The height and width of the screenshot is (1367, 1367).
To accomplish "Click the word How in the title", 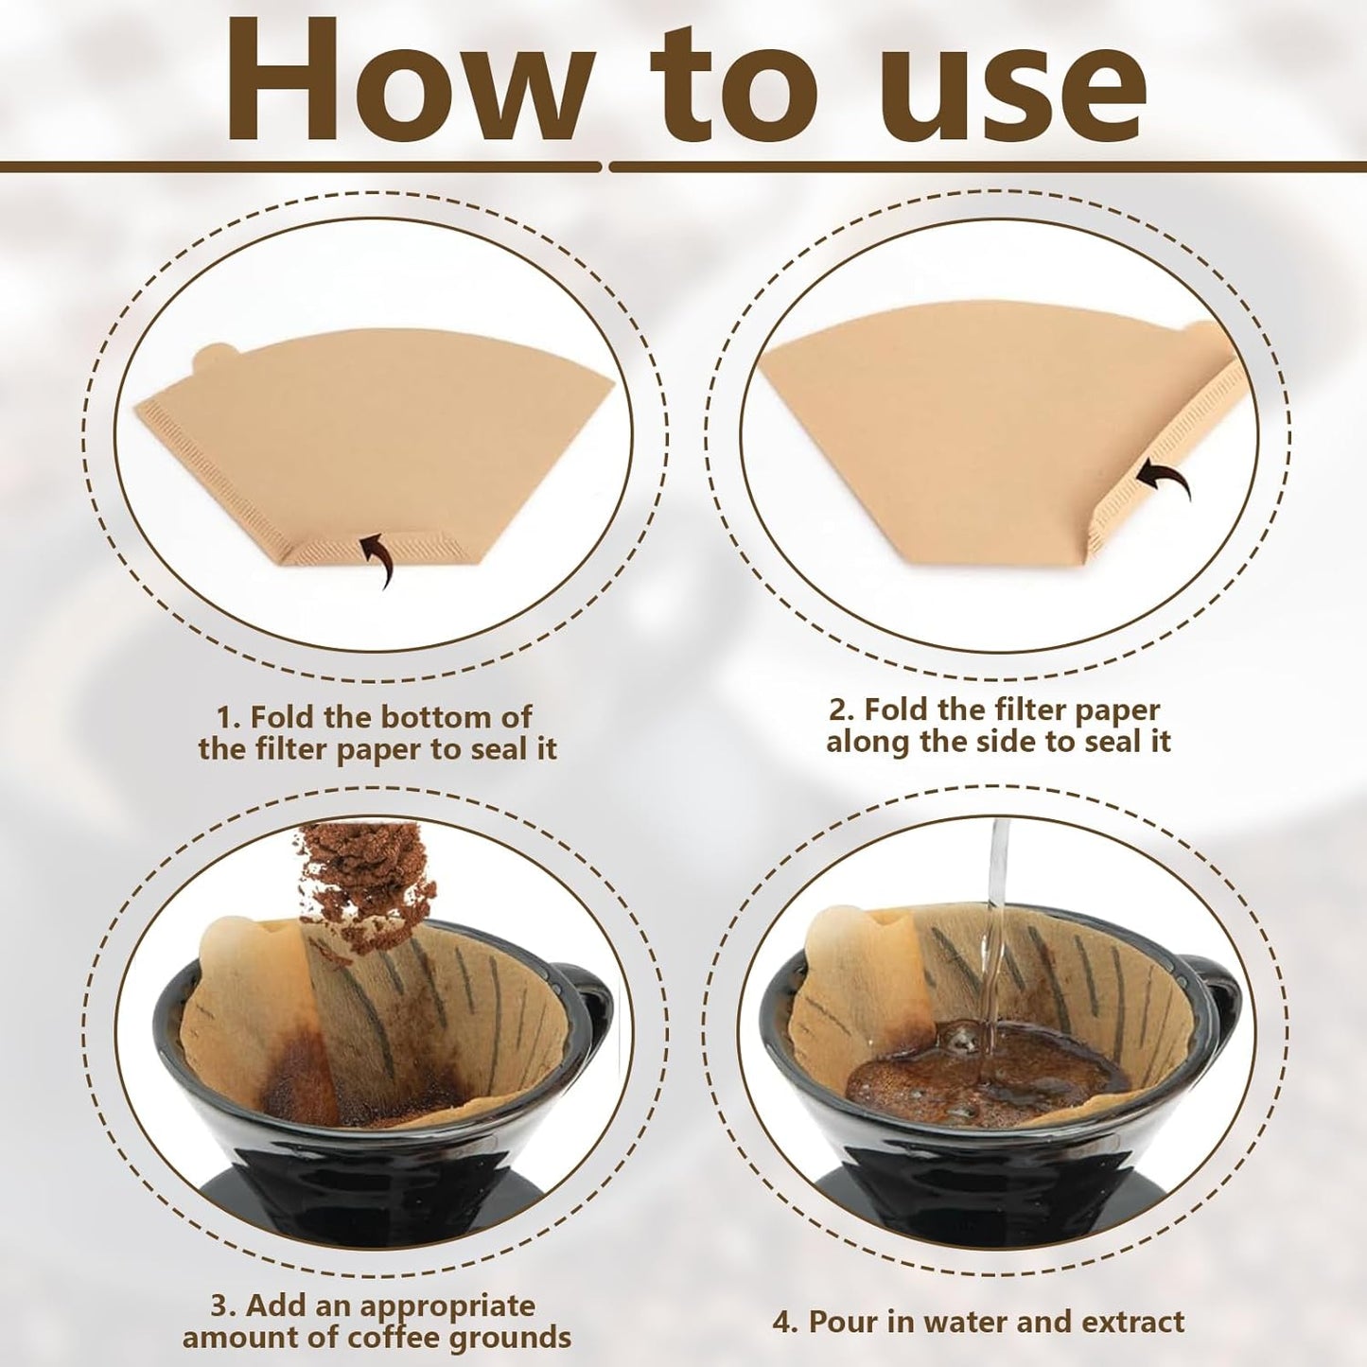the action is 407,83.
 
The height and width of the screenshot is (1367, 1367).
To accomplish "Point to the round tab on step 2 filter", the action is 1201,332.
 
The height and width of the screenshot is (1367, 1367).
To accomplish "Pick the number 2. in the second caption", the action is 845,710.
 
